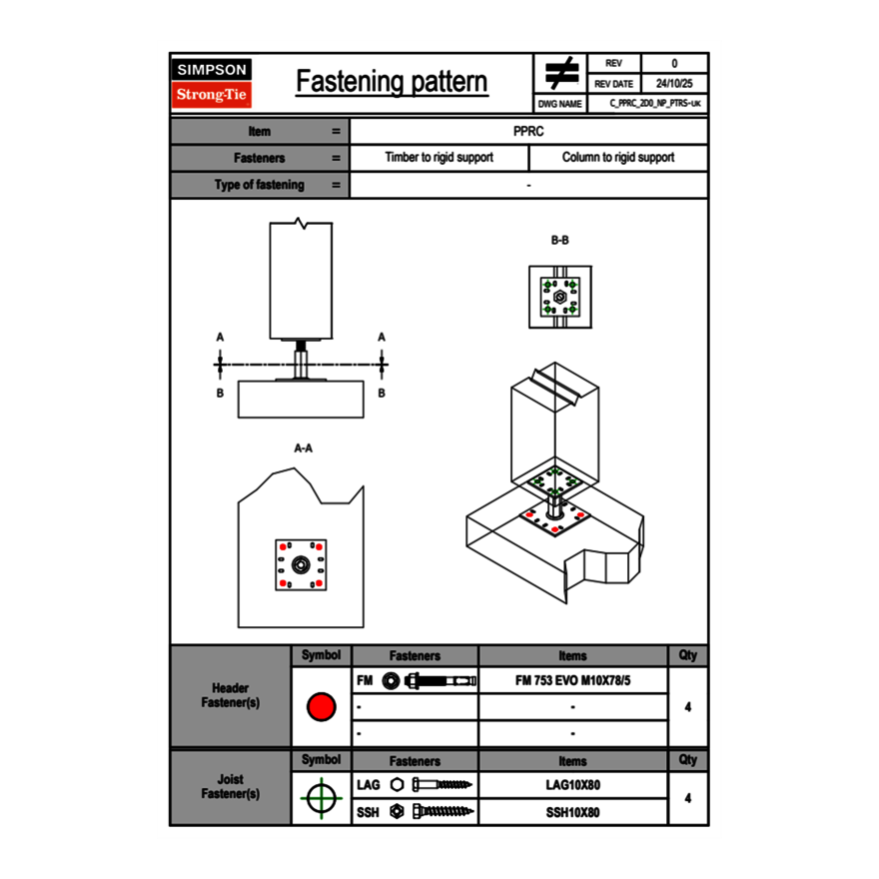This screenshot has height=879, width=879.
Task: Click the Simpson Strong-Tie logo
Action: [213, 83]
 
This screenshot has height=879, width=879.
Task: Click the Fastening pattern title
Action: [392, 82]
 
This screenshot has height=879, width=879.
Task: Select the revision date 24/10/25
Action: [673, 84]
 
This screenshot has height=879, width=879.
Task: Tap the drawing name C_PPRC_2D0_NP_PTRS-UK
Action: [655, 103]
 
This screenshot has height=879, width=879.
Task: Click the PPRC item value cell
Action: [528, 131]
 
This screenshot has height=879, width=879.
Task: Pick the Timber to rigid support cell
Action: [439, 158]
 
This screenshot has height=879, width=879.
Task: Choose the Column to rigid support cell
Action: [617, 158]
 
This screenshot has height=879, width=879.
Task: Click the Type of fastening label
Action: [259, 185]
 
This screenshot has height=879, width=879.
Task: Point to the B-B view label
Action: [559, 241]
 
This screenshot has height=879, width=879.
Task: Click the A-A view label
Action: [303, 448]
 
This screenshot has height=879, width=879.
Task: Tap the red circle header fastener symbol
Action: [321, 707]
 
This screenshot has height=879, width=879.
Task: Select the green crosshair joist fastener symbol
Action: [321, 798]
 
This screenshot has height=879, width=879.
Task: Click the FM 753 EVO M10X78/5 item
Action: [572, 681]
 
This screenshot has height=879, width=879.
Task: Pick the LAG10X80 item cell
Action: [572, 785]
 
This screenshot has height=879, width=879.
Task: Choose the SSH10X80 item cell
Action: [572, 812]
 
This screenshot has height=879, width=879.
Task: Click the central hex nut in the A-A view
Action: [301, 565]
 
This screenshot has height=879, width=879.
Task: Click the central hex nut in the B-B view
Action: [559, 296]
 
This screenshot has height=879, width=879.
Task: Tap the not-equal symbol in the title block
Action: [561, 73]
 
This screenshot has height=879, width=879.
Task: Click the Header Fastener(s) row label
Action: [231, 695]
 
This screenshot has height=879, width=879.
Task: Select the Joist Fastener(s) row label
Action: [231, 787]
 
